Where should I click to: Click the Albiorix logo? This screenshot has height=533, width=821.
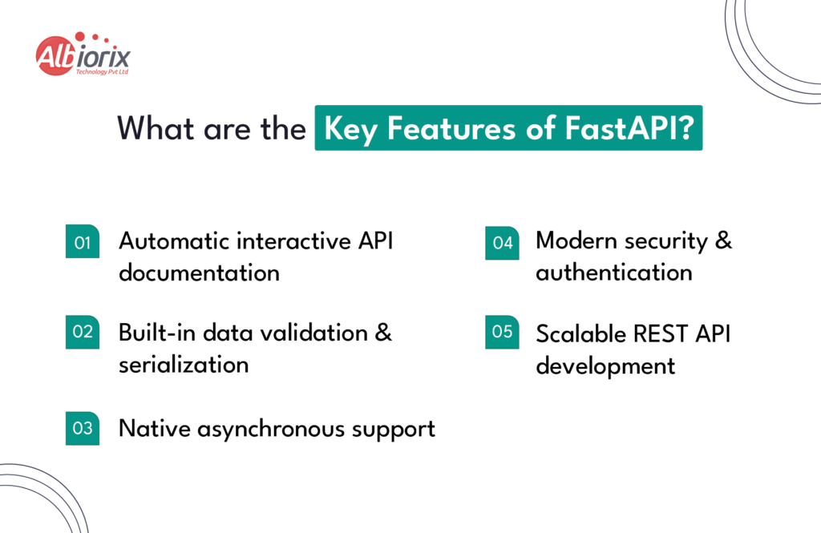[83, 55]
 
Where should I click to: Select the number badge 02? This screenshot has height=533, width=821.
[83, 332]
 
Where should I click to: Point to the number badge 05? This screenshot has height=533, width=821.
[502, 332]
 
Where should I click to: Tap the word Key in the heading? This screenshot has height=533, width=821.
[350, 128]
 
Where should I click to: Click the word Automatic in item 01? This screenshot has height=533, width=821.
[169, 241]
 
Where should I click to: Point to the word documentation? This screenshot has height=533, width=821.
[199, 273]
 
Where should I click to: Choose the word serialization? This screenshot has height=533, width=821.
[184, 365]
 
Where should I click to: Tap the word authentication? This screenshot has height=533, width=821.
[613, 273]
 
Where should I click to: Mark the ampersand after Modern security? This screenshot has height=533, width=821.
[722, 241]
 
